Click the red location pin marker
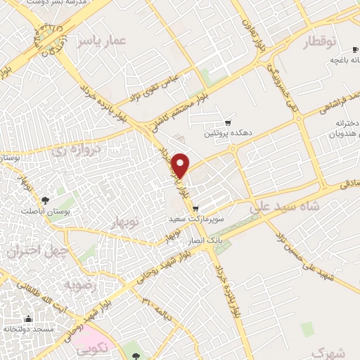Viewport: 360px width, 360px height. click(181, 165)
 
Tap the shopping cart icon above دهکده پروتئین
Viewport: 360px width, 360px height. click(227, 122)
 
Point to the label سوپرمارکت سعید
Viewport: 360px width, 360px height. click(195, 219)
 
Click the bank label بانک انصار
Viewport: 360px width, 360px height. click(204, 240)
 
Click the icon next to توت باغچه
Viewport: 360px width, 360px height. click(335, 60)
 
